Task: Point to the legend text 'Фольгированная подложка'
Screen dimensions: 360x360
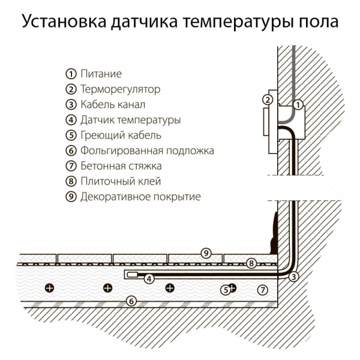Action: point(147,151)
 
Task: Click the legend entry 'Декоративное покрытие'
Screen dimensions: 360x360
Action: point(140,196)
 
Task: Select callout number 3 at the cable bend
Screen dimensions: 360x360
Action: point(293,277)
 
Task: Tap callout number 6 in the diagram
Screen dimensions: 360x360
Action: point(131,301)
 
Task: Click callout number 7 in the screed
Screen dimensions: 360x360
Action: point(262,290)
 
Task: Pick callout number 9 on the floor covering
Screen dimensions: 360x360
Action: point(206,253)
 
